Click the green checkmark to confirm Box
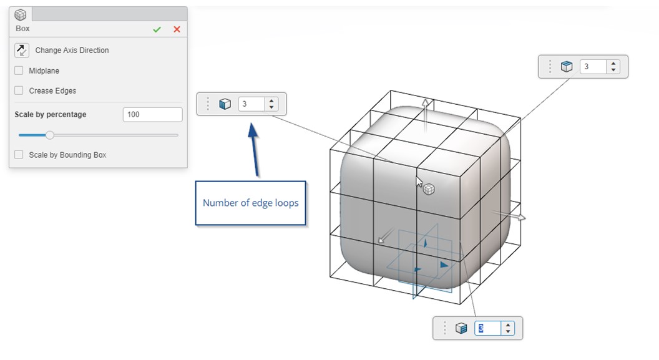tap(157, 29)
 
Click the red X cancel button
tap(177, 29)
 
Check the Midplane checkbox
tap(19, 71)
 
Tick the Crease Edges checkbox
tap(19, 90)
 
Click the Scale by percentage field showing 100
tap(152, 115)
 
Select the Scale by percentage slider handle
tap(50, 135)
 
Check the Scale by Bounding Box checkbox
tap(19, 155)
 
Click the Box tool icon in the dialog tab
tap(21, 14)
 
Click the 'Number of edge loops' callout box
tap(251, 203)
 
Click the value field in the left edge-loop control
tap(251, 104)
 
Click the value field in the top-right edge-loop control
tap(593, 67)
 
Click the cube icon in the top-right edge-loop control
tap(566, 67)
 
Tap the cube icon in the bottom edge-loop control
tap(461, 328)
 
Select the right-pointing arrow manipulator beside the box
tap(522, 218)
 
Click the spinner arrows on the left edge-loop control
tap(271, 104)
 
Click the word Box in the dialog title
tap(22, 29)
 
